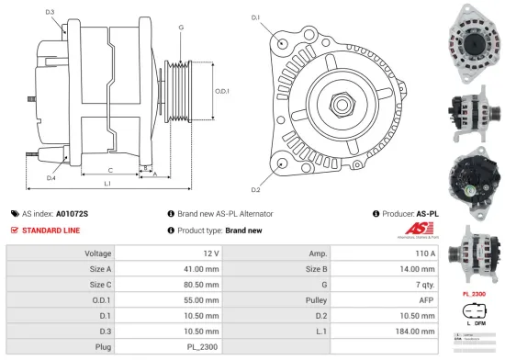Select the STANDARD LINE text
tap(54, 231)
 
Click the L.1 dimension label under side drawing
tap(107, 185)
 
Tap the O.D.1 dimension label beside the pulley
tap(223, 90)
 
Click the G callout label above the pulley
tap(181, 28)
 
